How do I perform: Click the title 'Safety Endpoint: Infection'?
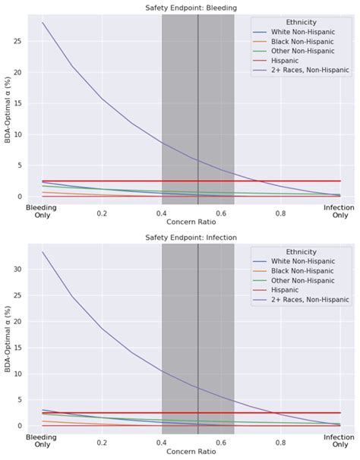click(191, 238)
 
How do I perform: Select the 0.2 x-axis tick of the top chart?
click(103, 213)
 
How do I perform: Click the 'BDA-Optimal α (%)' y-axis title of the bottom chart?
click(7, 339)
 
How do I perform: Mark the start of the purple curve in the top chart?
click(43, 23)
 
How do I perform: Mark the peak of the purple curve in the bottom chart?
click(43, 253)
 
